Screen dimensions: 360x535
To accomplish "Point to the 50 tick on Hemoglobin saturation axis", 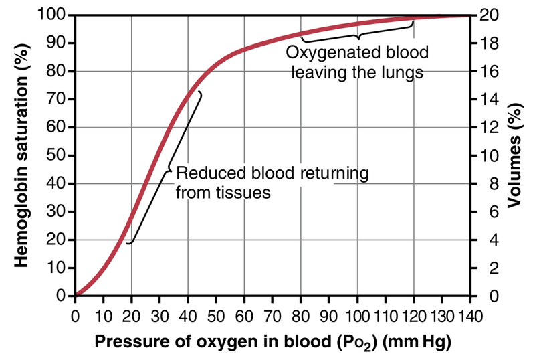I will pos(60,155).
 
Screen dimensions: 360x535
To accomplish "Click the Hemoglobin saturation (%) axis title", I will pos(21,154).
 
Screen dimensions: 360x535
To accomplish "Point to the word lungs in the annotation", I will pos(401,72).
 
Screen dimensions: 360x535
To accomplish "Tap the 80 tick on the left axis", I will pos(60,71).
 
